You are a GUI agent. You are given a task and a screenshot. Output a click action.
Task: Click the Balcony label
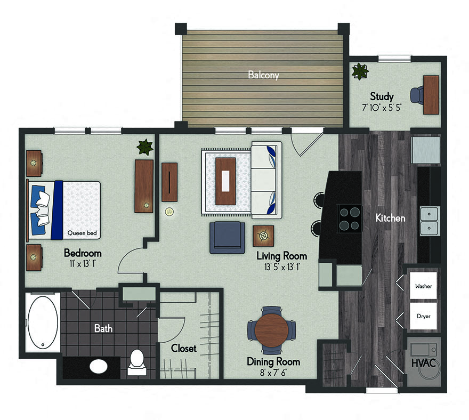click(x=263, y=75)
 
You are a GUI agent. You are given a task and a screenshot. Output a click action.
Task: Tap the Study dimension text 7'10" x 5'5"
click(x=382, y=108)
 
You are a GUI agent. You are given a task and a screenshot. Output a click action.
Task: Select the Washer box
click(x=423, y=286)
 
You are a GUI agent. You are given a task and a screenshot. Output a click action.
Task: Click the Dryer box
click(x=423, y=316)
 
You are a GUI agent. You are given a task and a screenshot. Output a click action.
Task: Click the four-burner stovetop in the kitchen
click(x=350, y=219)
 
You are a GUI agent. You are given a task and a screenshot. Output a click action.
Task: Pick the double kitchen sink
click(x=429, y=221)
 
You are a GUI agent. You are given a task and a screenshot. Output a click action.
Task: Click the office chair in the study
click(x=416, y=94)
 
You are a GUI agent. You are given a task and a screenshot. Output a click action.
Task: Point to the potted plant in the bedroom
click(x=144, y=147)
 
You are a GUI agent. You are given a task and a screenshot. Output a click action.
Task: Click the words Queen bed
click(x=82, y=233)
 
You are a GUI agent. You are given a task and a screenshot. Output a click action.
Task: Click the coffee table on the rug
click(x=225, y=181)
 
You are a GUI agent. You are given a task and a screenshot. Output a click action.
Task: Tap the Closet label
click(x=184, y=349)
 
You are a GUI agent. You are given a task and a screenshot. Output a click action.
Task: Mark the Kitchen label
click(x=390, y=218)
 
